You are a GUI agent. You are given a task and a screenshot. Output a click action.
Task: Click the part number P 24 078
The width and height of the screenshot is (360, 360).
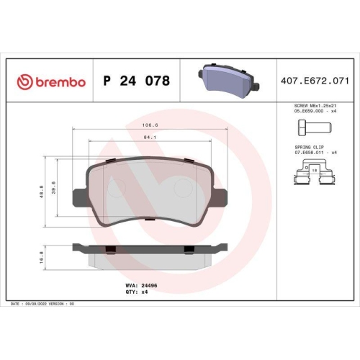137,81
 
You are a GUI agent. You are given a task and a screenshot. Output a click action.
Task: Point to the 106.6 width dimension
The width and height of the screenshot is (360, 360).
150,125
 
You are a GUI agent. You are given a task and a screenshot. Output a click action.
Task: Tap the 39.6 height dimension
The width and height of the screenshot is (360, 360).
54,187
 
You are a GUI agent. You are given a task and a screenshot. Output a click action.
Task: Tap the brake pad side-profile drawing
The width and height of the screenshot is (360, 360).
150,253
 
